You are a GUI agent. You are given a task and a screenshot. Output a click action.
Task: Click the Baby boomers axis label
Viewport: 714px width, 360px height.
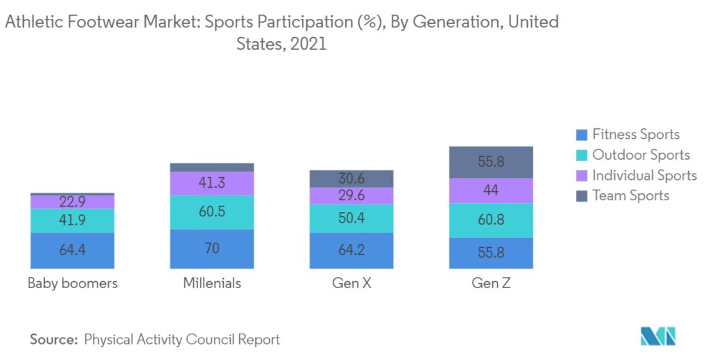click(73, 283)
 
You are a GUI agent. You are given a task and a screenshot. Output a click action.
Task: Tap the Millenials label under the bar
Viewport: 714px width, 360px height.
click(212, 283)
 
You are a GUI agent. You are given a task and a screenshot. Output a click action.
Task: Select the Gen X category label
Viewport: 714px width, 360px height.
click(351, 283)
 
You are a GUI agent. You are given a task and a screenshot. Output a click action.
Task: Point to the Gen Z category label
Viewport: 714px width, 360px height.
click(491, 283)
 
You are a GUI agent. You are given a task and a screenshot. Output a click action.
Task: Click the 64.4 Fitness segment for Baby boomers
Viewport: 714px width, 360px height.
click(73, 250)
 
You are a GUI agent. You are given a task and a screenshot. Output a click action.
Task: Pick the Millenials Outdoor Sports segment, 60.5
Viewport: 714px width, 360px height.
click(212, 211)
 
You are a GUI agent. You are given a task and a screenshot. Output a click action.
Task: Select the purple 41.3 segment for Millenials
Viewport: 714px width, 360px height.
click(212, 183)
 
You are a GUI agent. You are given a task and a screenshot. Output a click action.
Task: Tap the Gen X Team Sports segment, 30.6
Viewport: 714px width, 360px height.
click(351, 179)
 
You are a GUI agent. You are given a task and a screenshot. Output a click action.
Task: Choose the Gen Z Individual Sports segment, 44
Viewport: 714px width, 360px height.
click(491, 190)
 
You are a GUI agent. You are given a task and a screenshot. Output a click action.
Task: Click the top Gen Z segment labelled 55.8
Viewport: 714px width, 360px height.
click(491, 162)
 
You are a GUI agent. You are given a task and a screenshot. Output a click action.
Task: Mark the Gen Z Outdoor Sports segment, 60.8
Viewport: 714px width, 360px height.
click(491, 220)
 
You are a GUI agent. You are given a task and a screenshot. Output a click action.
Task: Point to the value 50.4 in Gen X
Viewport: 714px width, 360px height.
click(351, 218)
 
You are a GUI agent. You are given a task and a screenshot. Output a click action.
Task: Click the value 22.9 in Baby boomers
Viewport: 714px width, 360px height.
click(73, 202)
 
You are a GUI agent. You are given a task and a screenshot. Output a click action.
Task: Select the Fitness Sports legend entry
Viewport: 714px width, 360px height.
click(635, 135)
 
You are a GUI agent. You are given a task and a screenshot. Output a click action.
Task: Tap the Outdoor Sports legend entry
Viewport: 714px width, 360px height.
click(641, 155)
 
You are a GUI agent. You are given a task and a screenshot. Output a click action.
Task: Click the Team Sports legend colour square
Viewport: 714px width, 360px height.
click(582, 196)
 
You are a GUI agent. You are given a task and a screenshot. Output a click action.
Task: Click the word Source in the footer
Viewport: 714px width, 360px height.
click(53, 340)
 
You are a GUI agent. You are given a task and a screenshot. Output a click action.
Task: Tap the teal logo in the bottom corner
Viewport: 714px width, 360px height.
click(658, 336)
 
